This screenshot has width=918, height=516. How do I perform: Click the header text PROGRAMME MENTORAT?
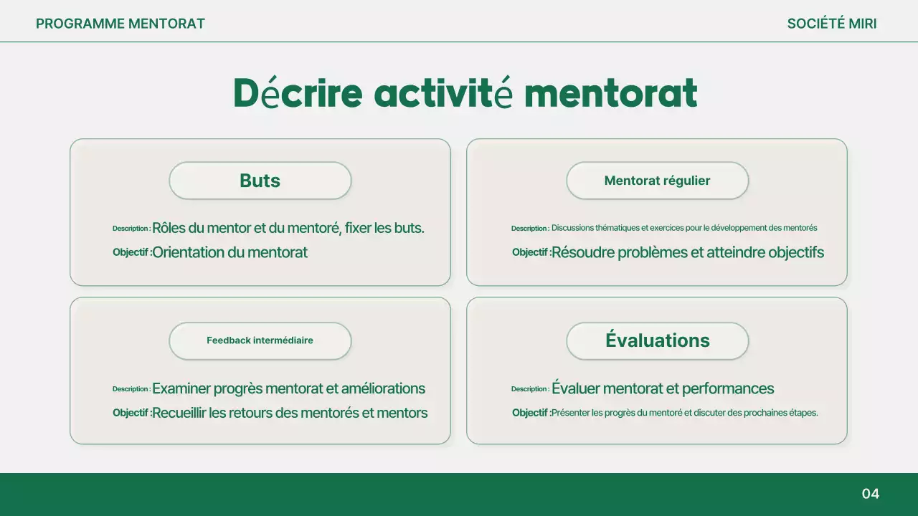coord(120,24)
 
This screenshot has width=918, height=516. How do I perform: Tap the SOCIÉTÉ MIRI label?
coord(831,24)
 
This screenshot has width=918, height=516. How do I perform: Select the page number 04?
coord(870,494)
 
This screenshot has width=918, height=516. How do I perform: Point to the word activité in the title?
coord(443,93)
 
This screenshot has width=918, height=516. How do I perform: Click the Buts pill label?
coord(260,181)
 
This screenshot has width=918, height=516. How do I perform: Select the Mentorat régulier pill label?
coord(657,181)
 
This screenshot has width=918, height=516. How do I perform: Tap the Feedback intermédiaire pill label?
coord(260,340)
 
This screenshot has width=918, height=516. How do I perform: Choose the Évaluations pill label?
coord(657,340)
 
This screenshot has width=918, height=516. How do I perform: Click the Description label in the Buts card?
coord(131,229)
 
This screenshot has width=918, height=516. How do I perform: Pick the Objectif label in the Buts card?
coord(131,252)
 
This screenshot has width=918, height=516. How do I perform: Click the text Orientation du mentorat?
coord(229,252)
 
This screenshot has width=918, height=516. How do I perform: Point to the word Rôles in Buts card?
coord(169,229)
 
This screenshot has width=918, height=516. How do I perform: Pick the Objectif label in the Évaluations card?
coord(531,413)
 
